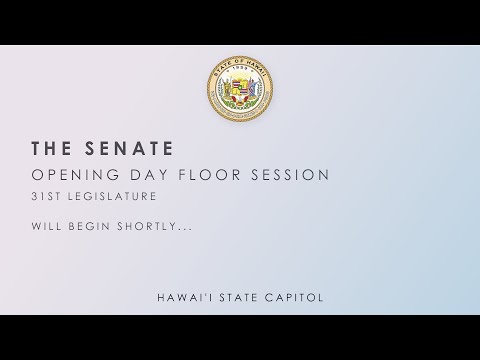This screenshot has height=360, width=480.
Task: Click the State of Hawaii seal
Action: [240, 91]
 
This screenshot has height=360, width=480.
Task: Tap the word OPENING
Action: [71, 175]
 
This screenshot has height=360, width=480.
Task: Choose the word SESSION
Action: [295, 175]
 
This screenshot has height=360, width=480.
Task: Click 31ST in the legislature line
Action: [45, 197]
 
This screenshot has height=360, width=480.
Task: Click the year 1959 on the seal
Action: [240, 70]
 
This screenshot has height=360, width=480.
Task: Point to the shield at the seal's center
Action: [240, 92]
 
